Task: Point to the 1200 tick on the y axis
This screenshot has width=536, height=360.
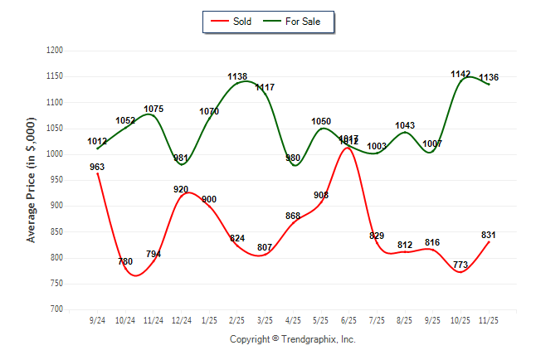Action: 54,51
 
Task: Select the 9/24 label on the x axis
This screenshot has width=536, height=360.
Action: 97,320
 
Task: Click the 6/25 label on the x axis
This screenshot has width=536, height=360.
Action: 348,320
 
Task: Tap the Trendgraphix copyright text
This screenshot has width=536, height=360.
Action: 292,340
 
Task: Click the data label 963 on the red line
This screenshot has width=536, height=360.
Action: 97,167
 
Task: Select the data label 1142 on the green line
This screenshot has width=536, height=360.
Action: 460,75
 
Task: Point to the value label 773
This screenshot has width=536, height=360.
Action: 460,265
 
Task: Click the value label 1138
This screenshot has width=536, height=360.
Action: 237,77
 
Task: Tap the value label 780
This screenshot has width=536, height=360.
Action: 125,262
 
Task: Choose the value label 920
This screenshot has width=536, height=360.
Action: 182,189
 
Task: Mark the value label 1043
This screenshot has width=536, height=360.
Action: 405,125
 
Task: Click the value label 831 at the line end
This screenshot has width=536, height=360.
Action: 489,235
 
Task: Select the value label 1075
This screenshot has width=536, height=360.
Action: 153,109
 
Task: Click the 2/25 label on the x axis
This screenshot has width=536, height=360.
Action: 236,320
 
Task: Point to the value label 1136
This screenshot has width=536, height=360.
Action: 489,78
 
